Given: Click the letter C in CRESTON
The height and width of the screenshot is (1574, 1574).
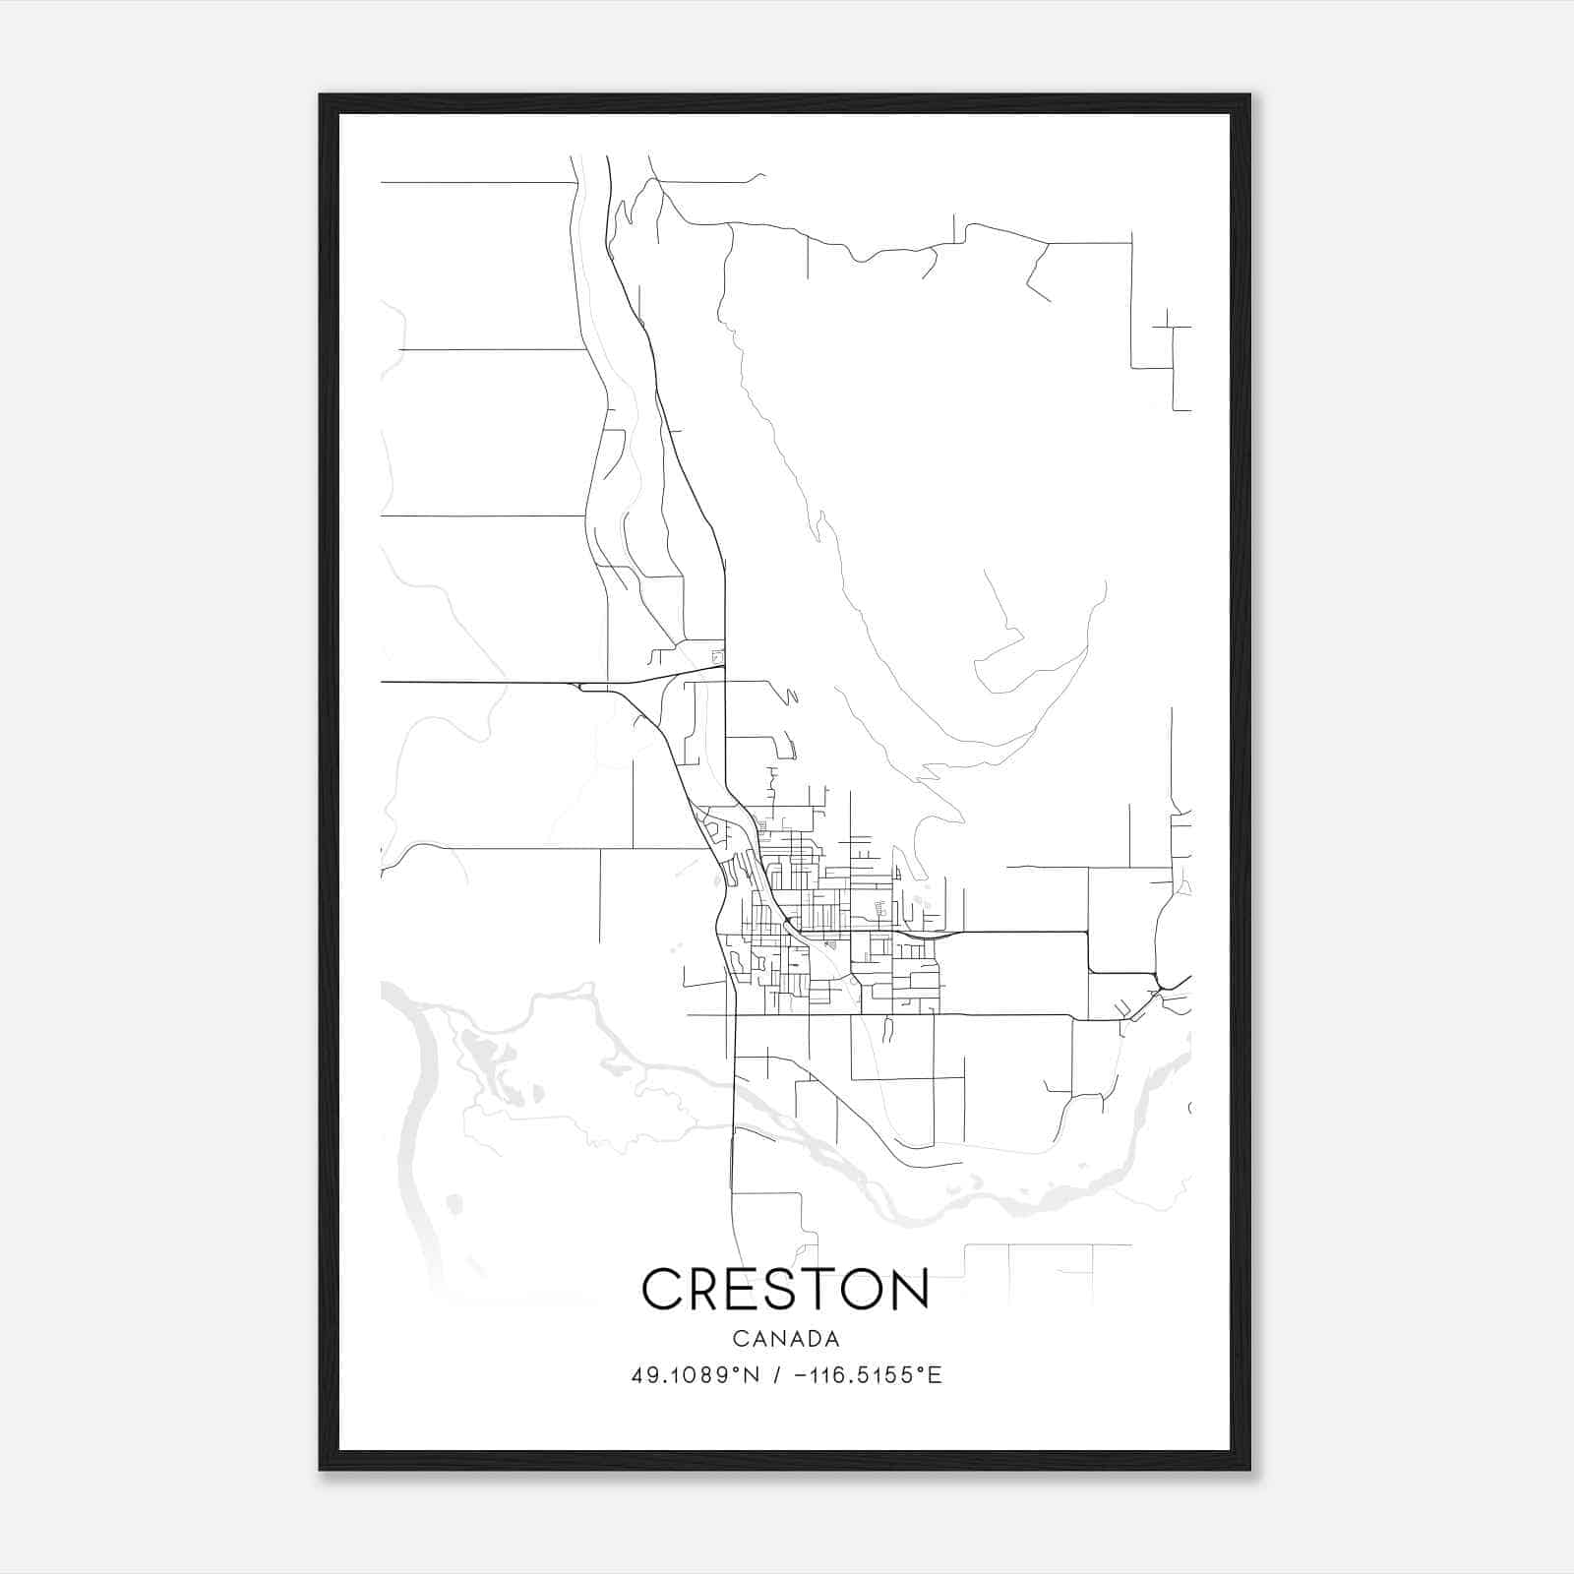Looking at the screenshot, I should pos(663,1289).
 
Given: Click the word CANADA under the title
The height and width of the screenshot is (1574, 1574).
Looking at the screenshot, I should pos(786,1339).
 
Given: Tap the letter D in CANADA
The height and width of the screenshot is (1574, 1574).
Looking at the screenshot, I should pos(810,1339).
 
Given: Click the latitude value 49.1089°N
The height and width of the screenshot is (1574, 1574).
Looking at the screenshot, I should pos(696,1375).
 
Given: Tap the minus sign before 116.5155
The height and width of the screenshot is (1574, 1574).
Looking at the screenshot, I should pos(798,1375).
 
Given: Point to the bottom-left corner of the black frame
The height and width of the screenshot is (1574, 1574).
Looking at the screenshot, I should pos(321,1469).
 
